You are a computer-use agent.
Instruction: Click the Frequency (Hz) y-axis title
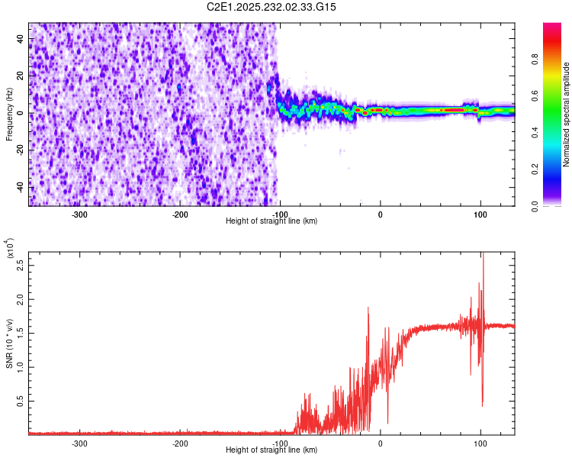(x=9, y=114)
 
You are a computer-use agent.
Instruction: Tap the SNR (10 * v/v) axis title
(x=9, y=343)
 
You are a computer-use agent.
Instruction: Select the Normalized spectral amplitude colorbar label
(x=567, y=114)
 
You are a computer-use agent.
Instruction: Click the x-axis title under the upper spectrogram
(x=272, y=221)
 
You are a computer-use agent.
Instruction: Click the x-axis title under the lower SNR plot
(x=272, y=450)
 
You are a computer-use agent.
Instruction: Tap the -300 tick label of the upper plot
(x=80, y=214)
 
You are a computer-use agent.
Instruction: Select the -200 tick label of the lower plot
(x=180, y=443)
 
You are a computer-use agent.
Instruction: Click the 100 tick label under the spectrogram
(x=480, y=214)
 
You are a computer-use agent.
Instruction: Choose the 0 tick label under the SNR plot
(x=381, y=443)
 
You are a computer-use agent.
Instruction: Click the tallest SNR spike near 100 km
(x=483, y=255)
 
